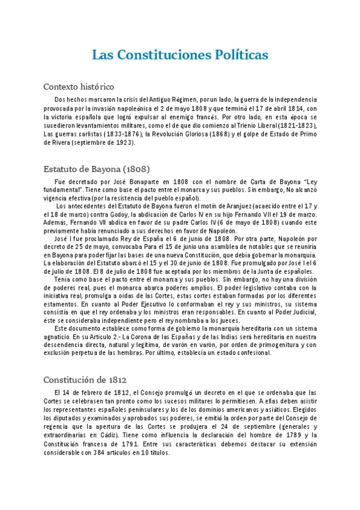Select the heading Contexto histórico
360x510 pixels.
(x=79, y=87)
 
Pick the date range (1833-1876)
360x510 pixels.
(x=126, y=134)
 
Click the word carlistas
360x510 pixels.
(x=88, y=134)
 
